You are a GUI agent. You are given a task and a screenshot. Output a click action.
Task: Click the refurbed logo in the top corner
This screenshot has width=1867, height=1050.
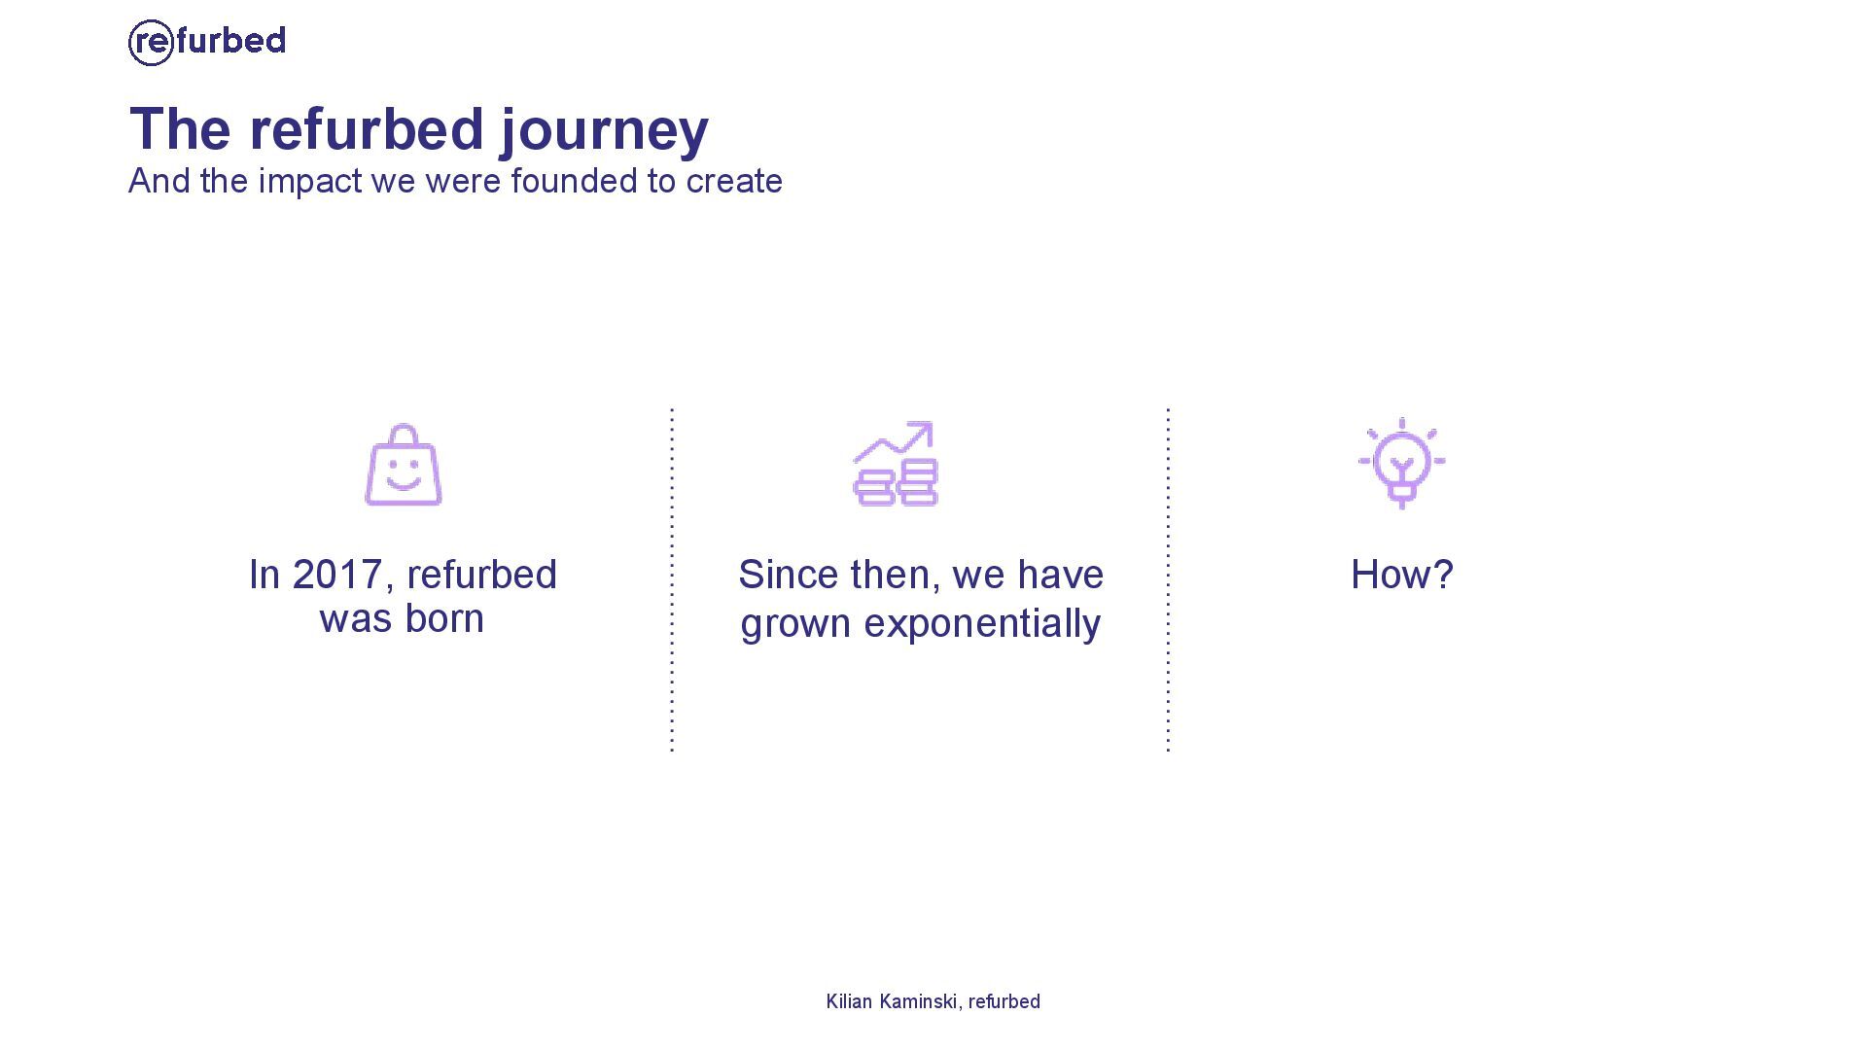(207, 42)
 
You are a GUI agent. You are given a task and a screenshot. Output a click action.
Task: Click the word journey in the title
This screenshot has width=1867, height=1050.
(605, 131)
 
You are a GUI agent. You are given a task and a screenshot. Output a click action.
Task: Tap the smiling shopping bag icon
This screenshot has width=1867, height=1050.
(404, 465)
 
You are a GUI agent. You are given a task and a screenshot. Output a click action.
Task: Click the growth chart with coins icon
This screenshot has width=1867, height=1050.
(896, 464)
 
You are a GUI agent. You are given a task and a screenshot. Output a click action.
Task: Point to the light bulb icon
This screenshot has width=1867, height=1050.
(1401, 464)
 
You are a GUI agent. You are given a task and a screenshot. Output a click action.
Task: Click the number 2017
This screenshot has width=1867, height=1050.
(335, 575)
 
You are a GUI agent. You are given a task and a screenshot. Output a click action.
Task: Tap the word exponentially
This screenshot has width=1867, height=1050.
(982, 624)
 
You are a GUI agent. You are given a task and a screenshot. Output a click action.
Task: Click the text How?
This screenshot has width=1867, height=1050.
(1402, 575)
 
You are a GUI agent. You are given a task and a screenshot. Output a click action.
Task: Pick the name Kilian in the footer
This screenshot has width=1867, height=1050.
(849, 1001)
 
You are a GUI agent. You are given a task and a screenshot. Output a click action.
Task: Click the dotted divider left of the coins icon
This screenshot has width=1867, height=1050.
(672, 580)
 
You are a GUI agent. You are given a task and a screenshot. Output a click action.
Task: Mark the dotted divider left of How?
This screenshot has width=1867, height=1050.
(1168, 580)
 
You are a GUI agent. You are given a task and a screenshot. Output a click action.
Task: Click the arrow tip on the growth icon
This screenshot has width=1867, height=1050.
(932, 424)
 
